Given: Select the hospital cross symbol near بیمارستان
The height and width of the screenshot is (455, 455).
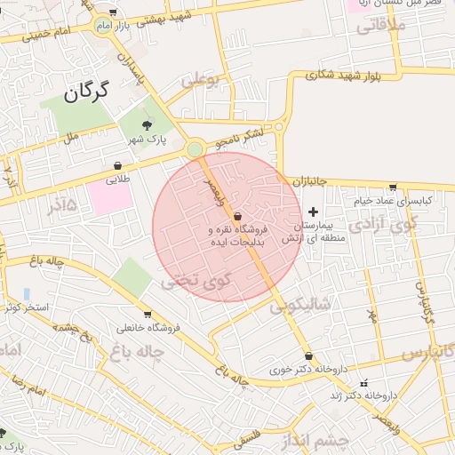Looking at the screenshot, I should (312, 212).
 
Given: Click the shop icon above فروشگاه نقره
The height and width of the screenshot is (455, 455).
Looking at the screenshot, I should (236, 217).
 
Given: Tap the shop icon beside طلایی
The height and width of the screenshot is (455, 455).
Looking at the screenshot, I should (118, 165).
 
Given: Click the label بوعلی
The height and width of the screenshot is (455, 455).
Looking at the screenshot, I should (201, 80).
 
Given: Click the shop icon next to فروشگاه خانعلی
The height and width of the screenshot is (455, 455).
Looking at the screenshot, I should (148, 314).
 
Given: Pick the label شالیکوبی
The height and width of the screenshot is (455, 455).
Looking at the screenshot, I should (300, 304).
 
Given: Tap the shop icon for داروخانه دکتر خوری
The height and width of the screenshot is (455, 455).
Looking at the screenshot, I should (308, 355).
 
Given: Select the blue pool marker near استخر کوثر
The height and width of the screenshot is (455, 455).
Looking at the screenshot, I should (27, 293).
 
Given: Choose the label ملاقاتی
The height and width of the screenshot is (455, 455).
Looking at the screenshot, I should (381, 27).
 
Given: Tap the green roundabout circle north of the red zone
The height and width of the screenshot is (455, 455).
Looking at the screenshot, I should (195, 149).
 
